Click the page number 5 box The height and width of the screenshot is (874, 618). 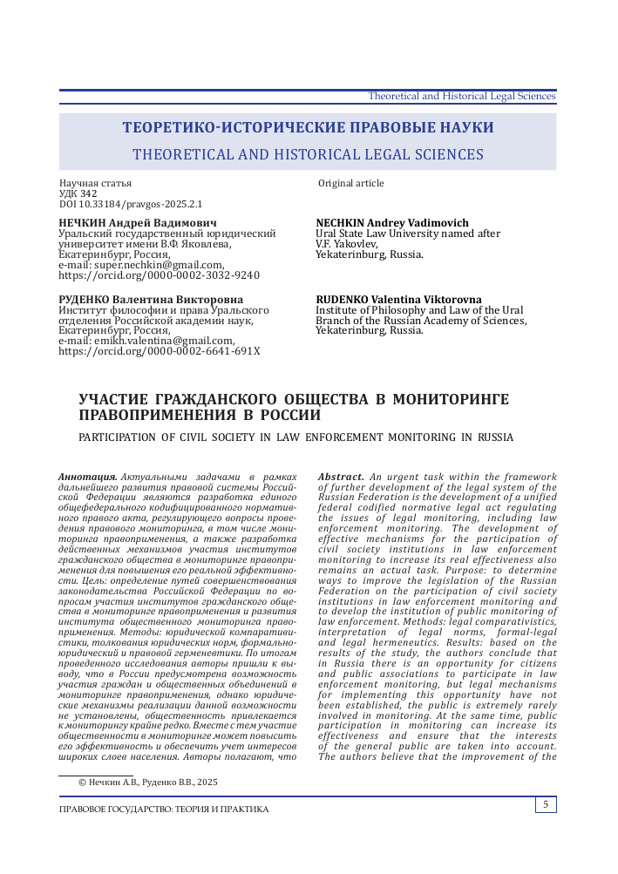click(x=546, y=804)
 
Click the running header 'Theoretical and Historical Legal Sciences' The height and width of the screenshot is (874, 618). click(x=462, y=96)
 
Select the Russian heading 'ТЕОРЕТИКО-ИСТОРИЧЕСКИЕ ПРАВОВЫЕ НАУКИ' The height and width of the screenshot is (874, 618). click(x=308, y=127)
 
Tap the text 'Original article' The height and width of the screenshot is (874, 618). click(x=350, y=183)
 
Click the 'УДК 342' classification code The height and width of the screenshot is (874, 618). click(x=78, y=193)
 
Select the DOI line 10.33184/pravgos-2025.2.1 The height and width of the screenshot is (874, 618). click(x=130, y=204)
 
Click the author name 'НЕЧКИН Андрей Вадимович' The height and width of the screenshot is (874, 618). click(x=132, y=223)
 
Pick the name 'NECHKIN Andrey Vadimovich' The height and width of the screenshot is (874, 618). click(x=392, y=223)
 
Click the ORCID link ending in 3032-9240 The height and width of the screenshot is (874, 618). click(x=159, y=274)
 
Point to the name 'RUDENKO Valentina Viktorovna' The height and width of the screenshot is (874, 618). click(x=398, y=300)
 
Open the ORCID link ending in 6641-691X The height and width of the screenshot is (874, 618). click(x=159, y=351)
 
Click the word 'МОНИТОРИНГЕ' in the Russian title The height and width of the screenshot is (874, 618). click(x=451, y=399)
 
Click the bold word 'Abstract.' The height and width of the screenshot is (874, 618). click(x=341, y=477)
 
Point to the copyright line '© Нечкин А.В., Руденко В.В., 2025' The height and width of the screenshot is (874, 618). click(x=148, y=783)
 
